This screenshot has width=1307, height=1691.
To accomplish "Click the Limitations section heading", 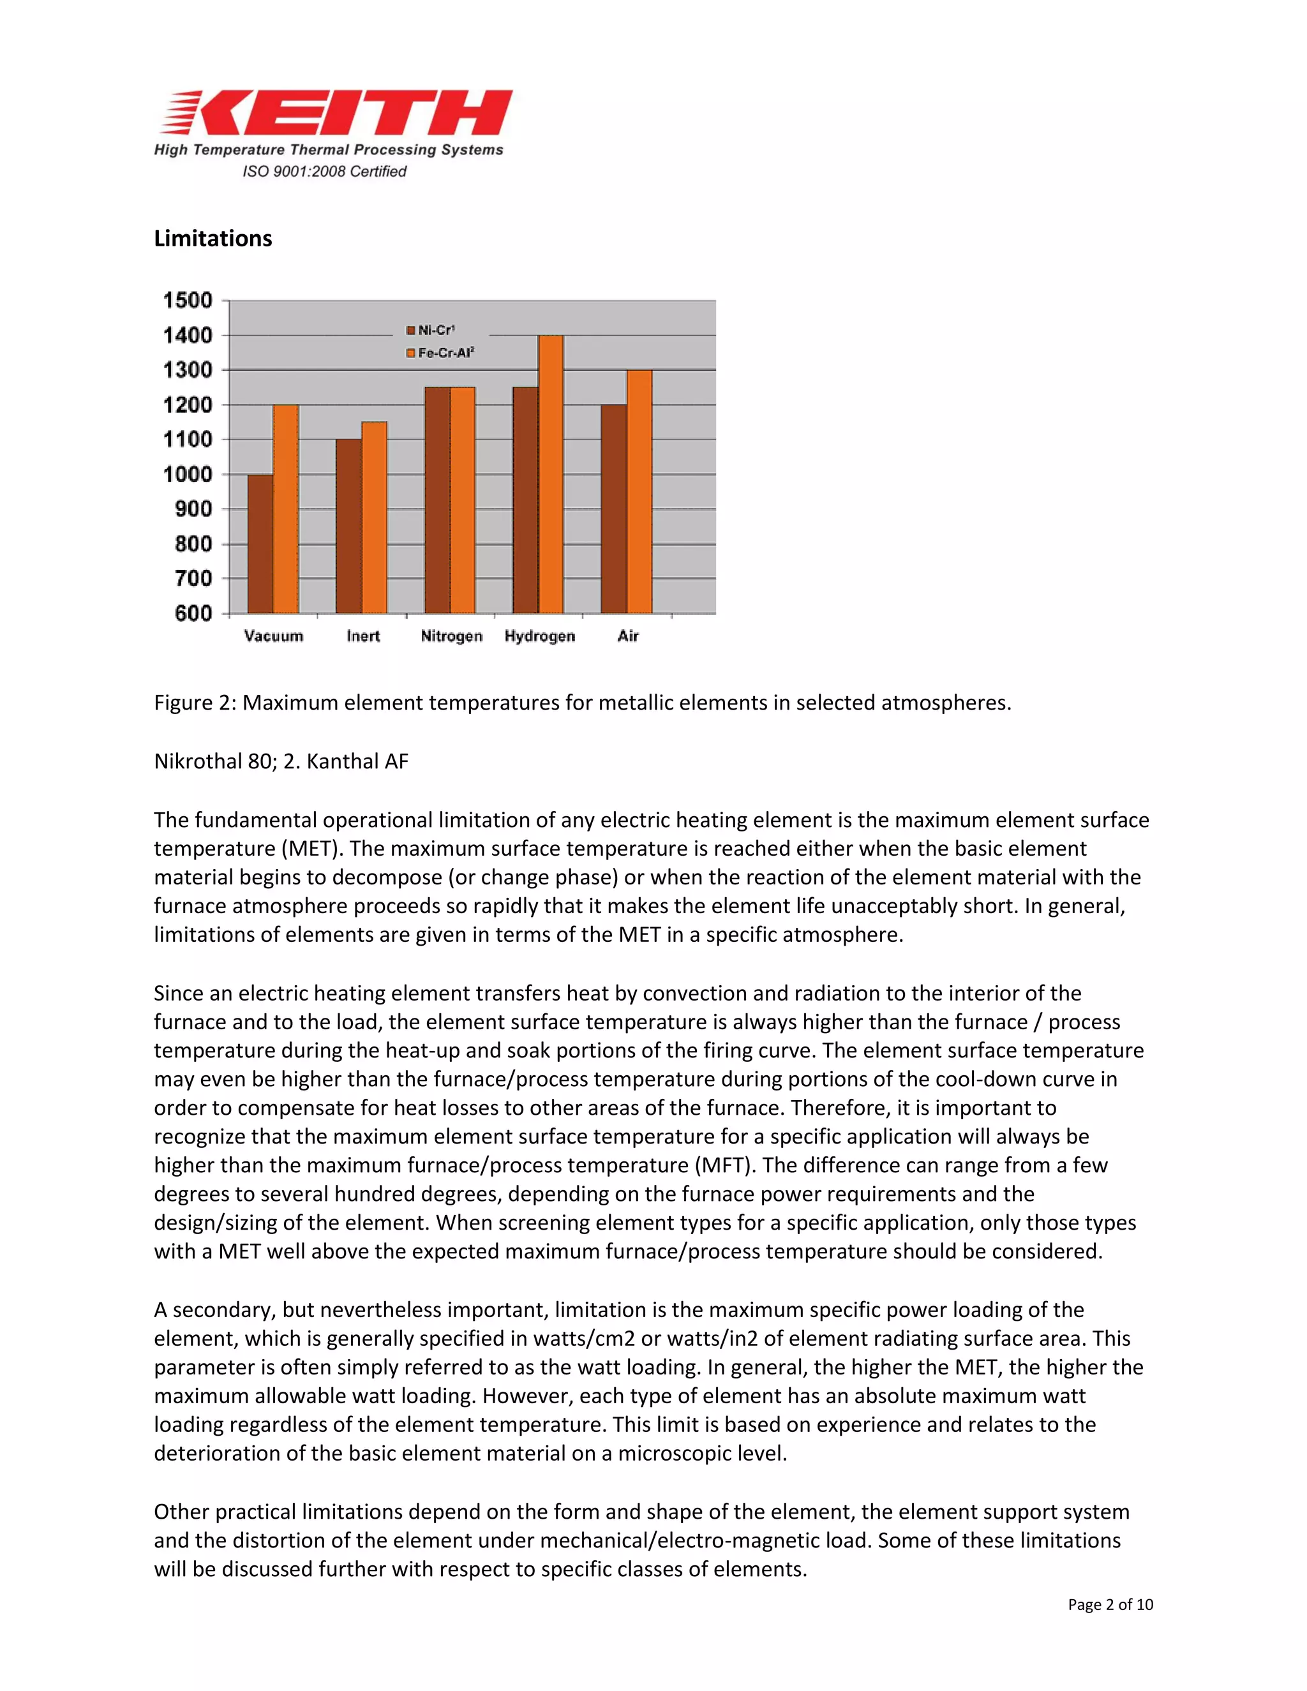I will (213, 239).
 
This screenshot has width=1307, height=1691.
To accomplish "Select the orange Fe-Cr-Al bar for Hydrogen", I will (551, 474).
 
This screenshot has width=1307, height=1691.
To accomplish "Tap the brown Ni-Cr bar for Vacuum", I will (260, 544).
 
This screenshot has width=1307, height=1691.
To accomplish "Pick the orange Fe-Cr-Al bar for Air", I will (639, 491).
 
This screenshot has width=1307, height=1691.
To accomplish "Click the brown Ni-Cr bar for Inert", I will (348, 526).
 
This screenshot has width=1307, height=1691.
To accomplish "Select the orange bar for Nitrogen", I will (462, 500).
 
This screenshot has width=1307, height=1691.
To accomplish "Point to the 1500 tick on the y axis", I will (188, 301).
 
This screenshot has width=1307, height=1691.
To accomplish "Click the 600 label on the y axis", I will (193, 613).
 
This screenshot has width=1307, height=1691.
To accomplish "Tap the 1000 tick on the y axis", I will (188, 475).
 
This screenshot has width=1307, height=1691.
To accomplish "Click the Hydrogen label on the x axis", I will (540, 636).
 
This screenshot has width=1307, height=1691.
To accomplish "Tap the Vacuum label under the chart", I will (273, 636).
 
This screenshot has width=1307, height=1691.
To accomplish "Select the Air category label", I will (628, 636).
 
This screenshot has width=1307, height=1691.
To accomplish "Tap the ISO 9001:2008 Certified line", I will (324, 171).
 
